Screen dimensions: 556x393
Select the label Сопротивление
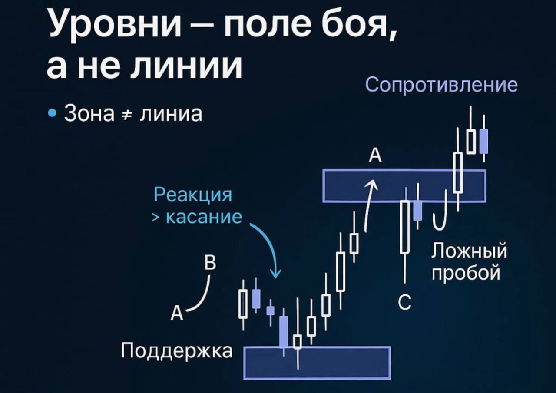click(x=442, y=85)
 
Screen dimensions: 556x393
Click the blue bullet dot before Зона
click(x=53, y=113)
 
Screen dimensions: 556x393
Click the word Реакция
click(x=193, y=195)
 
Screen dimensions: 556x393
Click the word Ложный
click(x=470, y=251)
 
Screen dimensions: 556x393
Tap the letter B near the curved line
click(x=210, y=262)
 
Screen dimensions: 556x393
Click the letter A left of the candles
click(x=177, y=313)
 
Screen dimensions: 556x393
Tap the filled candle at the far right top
click(x=483, y=142)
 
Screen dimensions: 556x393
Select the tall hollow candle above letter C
click(x=405, y=227)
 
